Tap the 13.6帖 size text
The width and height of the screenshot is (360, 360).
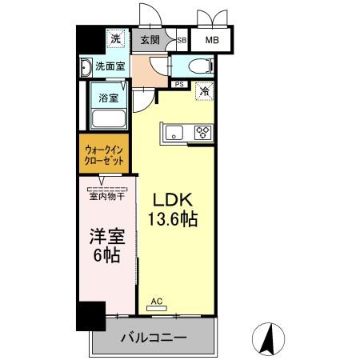[x=171, y=218]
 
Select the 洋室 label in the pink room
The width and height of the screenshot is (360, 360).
[x=104, y=238]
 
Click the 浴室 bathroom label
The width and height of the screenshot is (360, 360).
[x=109, y=98]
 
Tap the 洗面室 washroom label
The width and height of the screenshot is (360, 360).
[x=109, y=66]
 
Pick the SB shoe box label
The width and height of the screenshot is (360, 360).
[x=182, y=39]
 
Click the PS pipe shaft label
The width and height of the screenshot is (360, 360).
[x=179, y=83]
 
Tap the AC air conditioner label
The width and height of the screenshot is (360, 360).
[x=158, y=302]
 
